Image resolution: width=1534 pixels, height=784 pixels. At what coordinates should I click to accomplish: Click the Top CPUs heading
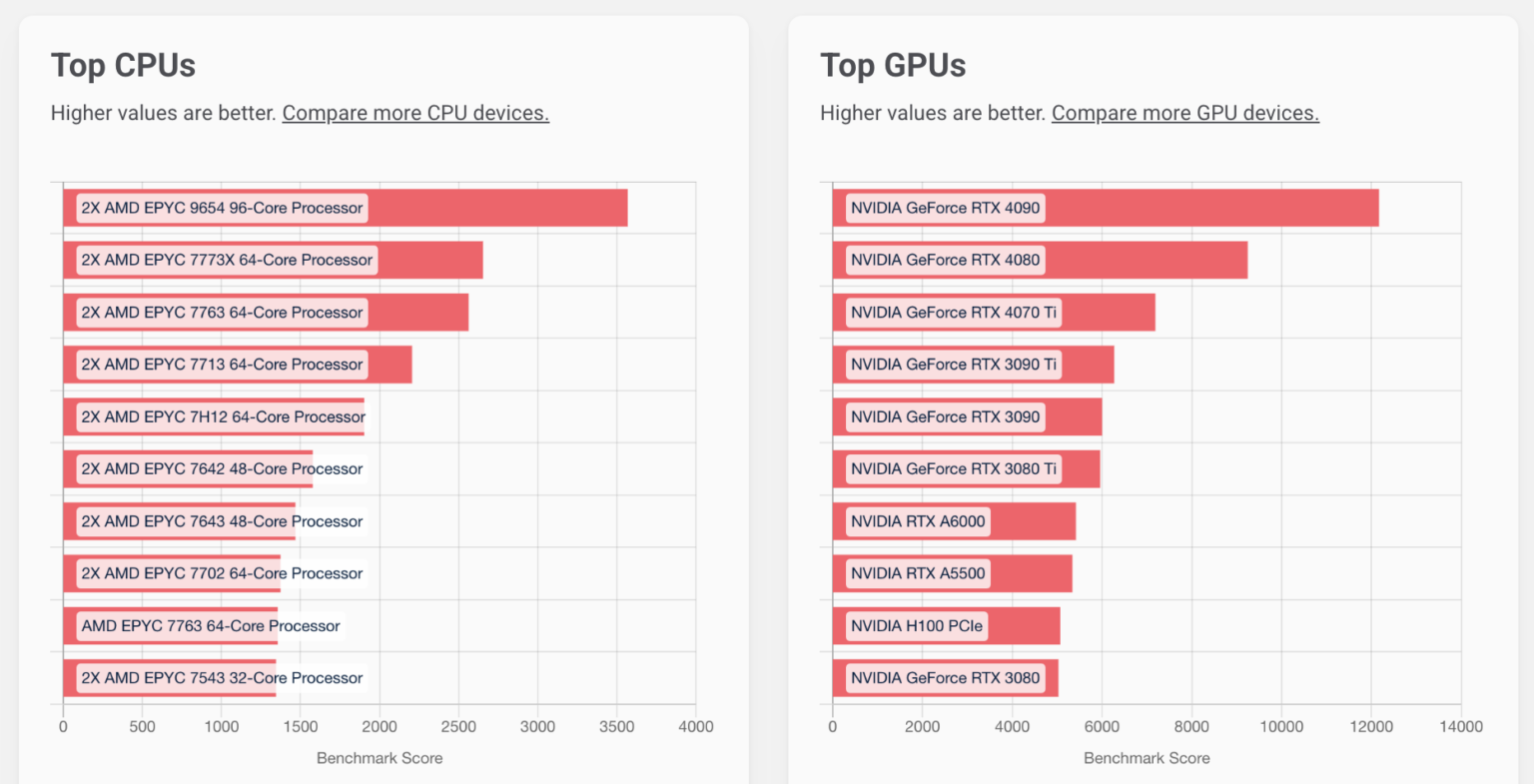point(123,66)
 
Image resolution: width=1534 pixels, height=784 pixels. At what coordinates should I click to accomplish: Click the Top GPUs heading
point(893,66)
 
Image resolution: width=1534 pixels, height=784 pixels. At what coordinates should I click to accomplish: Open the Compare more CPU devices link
point(415,113)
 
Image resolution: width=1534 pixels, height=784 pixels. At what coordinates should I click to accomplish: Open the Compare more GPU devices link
point(1184,113)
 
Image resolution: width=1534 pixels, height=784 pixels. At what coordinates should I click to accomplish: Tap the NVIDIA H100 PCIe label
point(916,626)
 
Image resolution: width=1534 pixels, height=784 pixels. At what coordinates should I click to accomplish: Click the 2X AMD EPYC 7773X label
point(227,260)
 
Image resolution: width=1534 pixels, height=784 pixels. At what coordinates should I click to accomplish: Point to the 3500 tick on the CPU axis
point(616,726)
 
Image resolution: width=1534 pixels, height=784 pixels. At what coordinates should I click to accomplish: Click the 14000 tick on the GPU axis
point(1460,726)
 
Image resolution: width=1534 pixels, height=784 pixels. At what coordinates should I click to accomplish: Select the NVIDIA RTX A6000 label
point(917,521)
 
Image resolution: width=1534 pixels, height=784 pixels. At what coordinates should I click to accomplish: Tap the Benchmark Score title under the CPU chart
point(380,758)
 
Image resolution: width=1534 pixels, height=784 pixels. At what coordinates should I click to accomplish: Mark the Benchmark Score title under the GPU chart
point(1147,758)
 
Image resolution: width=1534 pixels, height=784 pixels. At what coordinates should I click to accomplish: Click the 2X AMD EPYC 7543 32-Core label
point(222,678)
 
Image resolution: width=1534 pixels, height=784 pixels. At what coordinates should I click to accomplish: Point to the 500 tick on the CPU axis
point(142,726)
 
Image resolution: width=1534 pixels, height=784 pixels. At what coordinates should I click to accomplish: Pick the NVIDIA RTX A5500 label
point(917,573)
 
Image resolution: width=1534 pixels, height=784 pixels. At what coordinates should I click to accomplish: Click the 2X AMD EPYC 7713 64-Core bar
point(389,365)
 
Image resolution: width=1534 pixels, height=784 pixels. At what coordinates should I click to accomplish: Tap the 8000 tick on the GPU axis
point(1190,726)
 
